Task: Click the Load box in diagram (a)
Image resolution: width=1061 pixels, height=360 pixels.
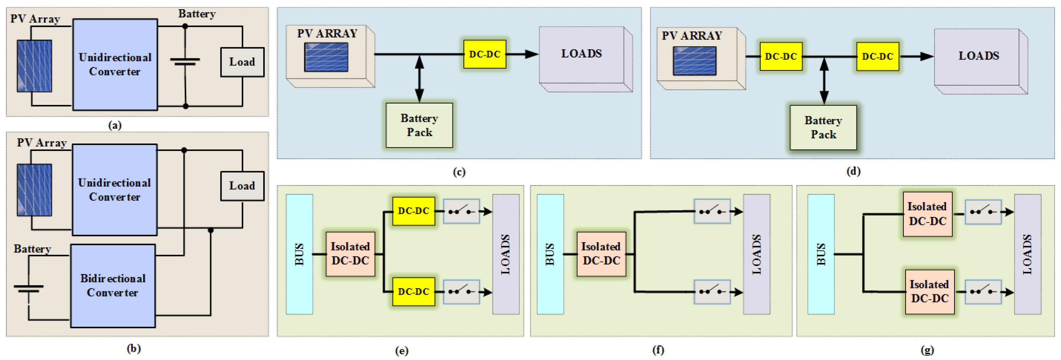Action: [x=242, y=62]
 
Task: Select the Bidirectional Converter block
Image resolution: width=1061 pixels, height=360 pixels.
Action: [x=113, y=286]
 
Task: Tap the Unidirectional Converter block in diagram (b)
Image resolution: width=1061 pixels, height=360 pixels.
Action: [x=114, y=190]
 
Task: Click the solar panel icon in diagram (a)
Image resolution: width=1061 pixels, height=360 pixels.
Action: [x=35, y=66]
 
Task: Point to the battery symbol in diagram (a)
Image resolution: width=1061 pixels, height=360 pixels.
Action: [x=185, y=62]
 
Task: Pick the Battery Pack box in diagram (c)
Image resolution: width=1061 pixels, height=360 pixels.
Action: [x=419, y=125]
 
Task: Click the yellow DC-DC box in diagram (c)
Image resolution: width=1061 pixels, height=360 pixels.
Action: [x=484, y=54]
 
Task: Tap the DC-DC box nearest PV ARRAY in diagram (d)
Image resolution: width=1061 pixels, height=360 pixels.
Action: [x=781, y=56]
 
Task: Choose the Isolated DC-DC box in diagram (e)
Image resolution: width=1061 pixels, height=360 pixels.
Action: [x=350, y=254]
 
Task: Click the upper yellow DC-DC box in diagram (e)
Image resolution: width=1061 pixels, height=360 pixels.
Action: [x=413, y=211]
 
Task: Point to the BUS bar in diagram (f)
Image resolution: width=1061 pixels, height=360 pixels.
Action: [x=550, y=254]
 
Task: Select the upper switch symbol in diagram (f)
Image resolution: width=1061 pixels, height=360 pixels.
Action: [x=712, y=211]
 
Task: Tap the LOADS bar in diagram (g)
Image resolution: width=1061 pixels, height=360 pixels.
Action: [x=1027, y=254]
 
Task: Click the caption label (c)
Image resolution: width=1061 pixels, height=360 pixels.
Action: [x=459, y=172]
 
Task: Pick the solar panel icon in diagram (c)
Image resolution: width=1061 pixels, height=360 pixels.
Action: [x=326, y=57]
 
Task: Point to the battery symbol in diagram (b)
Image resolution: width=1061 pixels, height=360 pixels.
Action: [x=28, y=288]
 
